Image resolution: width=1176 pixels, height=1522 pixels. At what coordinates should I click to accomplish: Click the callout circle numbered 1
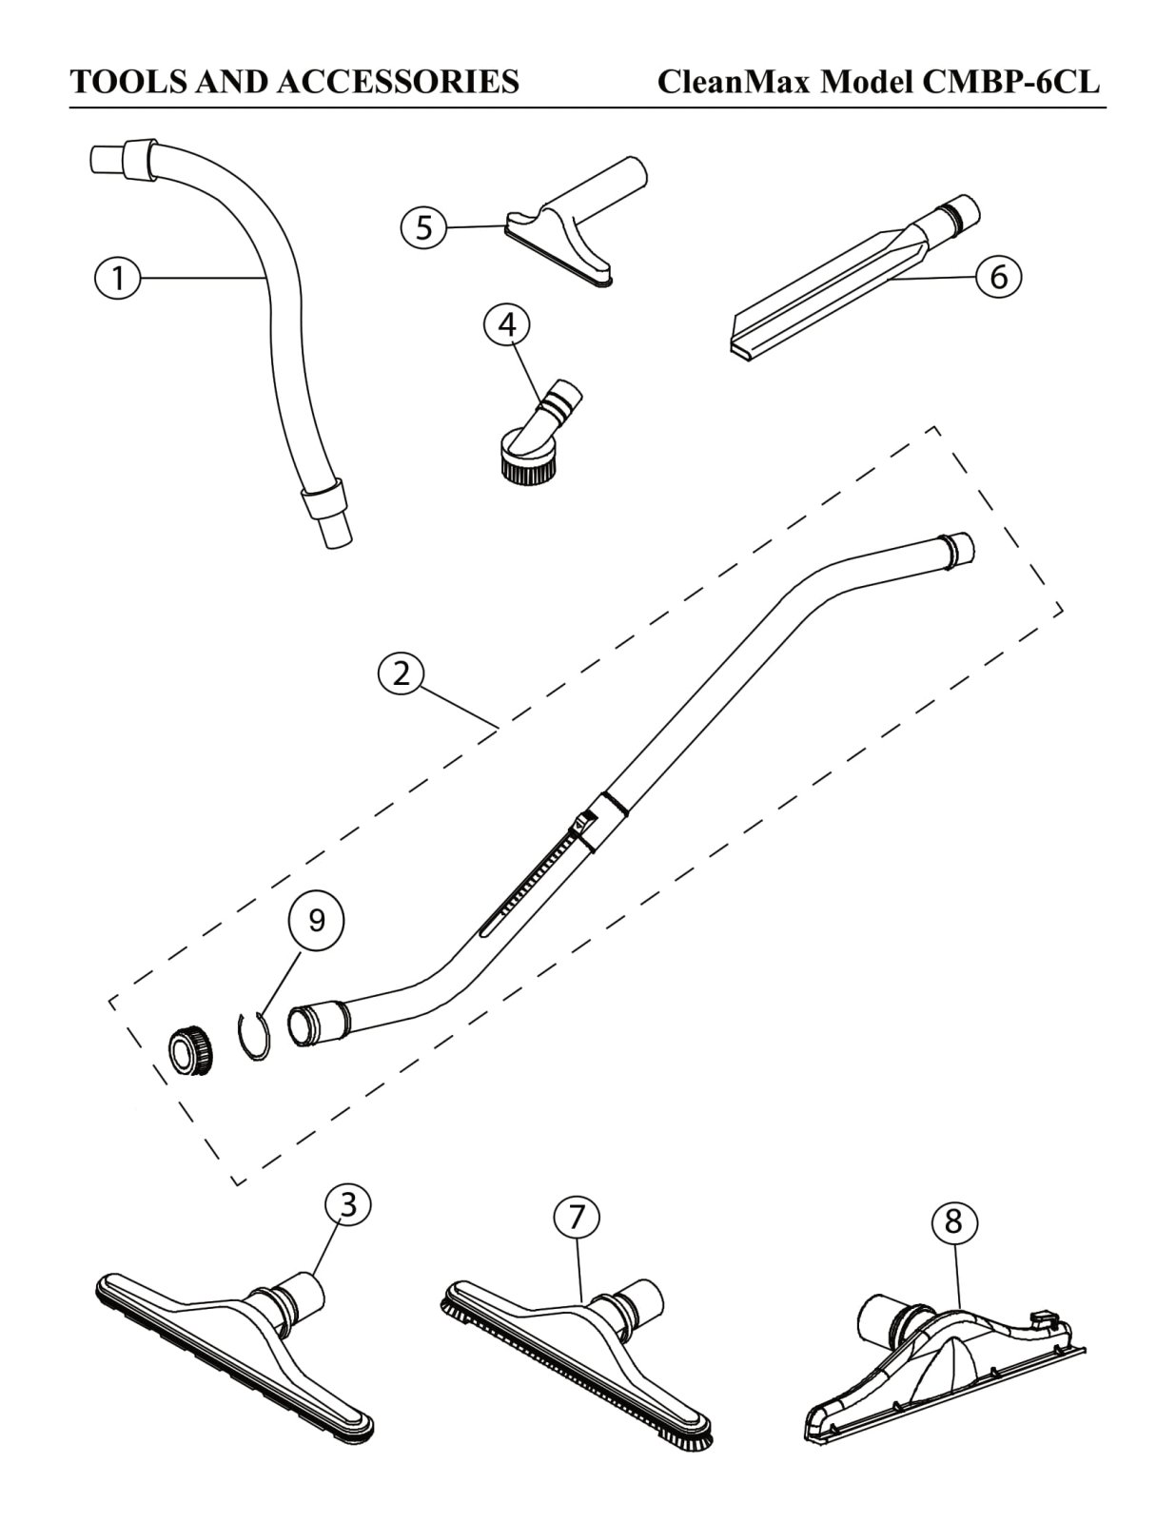click(118, 279)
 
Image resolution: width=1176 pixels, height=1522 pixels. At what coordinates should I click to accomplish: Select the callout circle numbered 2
click(402, 673)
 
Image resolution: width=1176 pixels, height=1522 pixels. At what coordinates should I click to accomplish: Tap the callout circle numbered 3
click(348, 1205)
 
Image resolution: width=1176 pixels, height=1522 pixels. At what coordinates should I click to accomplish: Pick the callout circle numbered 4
click(507, 325)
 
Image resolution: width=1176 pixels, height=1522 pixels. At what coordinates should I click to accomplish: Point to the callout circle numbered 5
click(424, 227)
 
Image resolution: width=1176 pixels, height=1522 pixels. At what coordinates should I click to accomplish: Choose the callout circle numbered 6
click(998, 277)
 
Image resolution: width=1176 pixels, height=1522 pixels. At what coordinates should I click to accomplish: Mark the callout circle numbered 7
click(578, 1218)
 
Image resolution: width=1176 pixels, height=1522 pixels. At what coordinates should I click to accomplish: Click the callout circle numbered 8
click(954, 1221)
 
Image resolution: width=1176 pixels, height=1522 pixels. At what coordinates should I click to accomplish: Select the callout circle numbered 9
click(317, 921)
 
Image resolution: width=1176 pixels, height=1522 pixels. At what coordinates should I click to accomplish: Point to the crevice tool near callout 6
click(837, 290)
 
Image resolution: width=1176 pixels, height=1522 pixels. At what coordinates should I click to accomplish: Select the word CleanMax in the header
click(735, 83)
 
